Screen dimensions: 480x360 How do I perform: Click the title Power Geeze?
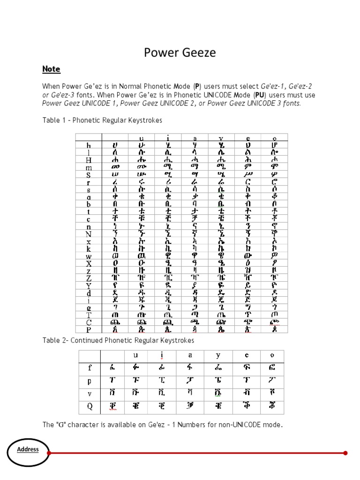tap(180, 52)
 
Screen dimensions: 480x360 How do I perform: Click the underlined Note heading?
tap(51, 69)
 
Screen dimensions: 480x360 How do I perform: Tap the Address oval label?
tap(28, 450)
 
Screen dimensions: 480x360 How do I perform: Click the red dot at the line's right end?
tap(345, 453)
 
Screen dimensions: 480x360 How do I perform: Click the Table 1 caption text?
tap(102, 120)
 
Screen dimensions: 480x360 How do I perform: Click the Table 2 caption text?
tap(118, 340)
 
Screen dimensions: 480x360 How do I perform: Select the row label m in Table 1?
tap(89, 167)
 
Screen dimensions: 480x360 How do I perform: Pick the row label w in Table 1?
tap(89, 256)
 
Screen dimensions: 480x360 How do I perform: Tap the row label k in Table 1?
tap(89, 249)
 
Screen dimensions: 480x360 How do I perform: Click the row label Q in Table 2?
tap(90, 406)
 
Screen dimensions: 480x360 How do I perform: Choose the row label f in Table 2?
tap(90, 368)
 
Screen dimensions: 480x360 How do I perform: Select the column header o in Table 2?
tap(272, 355)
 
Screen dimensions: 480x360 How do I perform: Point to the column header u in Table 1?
tap(141, 138)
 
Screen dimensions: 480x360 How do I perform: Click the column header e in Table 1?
tap(248, 138)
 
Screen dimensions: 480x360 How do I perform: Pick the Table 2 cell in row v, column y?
tap(219, 393)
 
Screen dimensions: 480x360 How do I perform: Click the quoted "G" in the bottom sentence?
tap(60, 425)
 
